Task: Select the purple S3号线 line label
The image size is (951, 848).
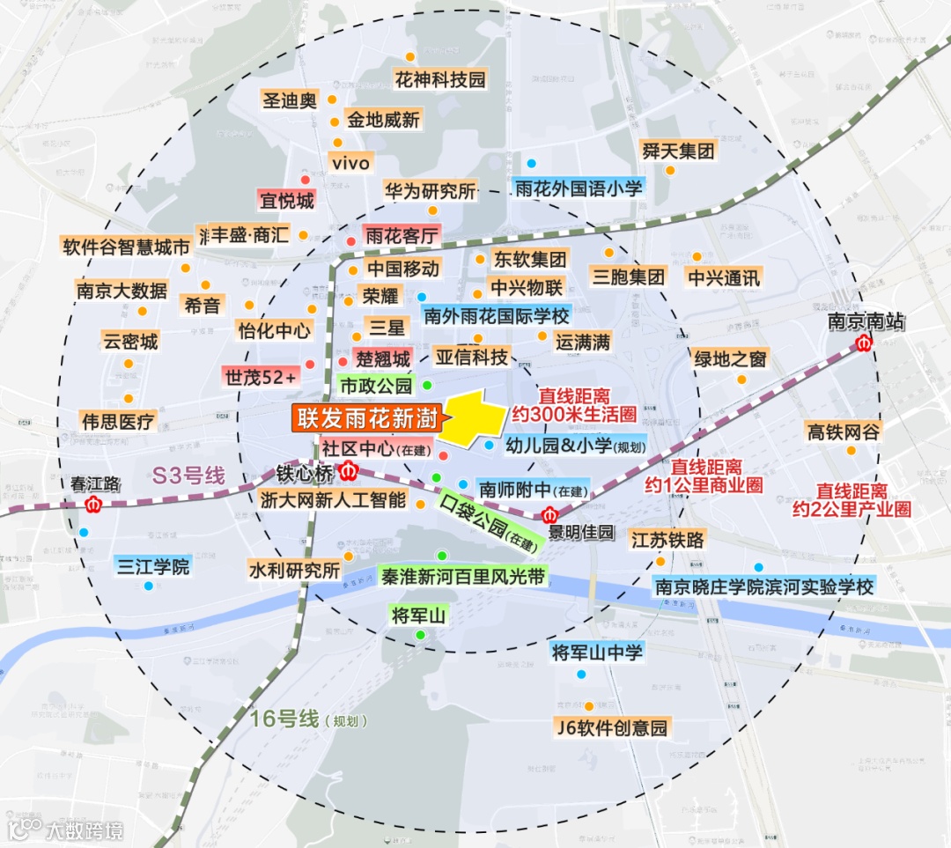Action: (188, 475)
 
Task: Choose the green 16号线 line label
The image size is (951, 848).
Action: (284, 718)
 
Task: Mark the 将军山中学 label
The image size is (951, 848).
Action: (597, 652)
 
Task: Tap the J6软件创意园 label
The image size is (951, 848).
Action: (613, 727)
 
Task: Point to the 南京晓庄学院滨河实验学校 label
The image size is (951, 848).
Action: (763, 586)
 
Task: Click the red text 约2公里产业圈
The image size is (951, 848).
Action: (851, 509)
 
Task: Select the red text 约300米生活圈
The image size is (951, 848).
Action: (573, 413)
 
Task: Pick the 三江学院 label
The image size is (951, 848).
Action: (152, 565)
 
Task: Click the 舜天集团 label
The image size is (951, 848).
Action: (678, 151)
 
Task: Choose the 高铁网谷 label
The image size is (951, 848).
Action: (843, 431)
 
